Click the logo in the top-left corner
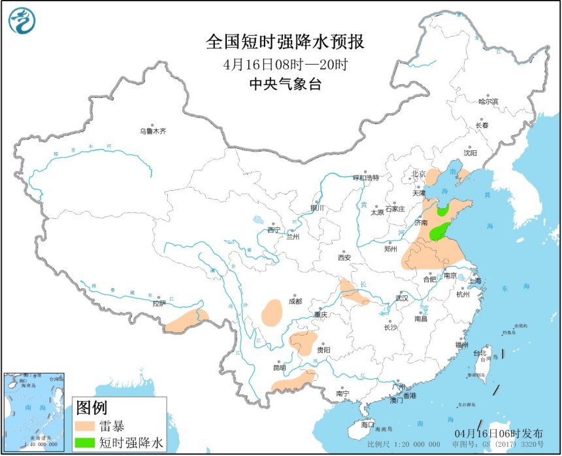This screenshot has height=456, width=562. point(20,20)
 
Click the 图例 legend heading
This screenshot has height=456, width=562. point(91,408)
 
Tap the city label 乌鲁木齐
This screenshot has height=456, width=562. point(153,131)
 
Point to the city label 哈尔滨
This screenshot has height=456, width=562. point(488,102)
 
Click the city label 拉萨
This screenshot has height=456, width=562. point(159,303)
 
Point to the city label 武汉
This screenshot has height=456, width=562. point(401,298)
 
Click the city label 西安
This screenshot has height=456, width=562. point(344,257)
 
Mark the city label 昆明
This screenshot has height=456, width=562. point(279,367)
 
